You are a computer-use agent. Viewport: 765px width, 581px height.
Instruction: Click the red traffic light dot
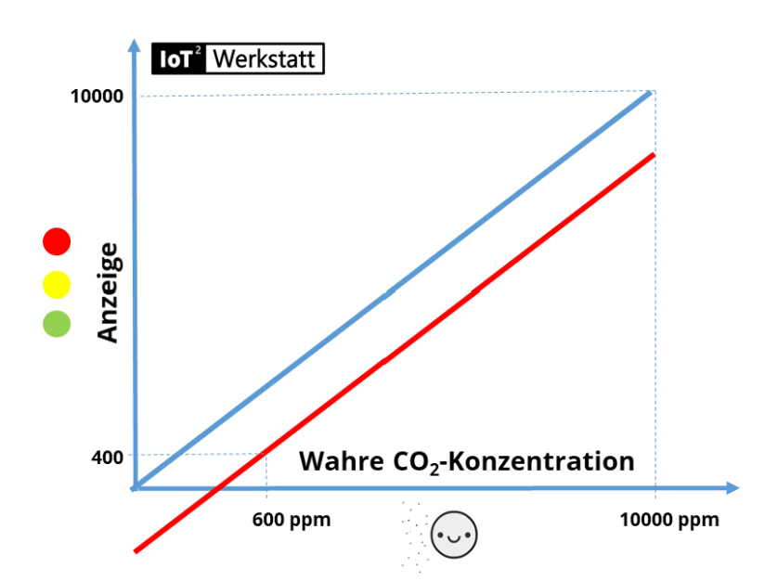pos(57,242)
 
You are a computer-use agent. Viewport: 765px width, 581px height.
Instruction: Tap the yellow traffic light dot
pos(57,283)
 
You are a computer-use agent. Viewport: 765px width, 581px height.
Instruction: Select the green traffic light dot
pos(57,323)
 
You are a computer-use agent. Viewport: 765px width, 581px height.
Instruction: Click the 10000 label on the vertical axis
pos(97,97)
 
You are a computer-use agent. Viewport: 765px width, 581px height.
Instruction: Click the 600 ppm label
pos(291,520)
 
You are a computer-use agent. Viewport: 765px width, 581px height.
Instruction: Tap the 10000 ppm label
pos(669,520)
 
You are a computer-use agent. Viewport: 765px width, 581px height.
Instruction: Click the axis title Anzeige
pos(109,292)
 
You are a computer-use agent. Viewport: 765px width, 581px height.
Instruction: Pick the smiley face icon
pos(455,536)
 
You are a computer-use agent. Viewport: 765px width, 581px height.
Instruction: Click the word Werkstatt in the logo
pos(266,60)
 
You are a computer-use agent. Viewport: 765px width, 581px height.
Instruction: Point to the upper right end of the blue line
pos(653,93)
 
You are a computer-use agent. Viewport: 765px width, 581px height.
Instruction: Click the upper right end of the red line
pos(655,153)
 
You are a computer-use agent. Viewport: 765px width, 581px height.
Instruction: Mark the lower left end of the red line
pos(137,551)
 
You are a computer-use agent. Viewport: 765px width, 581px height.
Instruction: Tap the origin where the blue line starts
pos(136,486)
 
